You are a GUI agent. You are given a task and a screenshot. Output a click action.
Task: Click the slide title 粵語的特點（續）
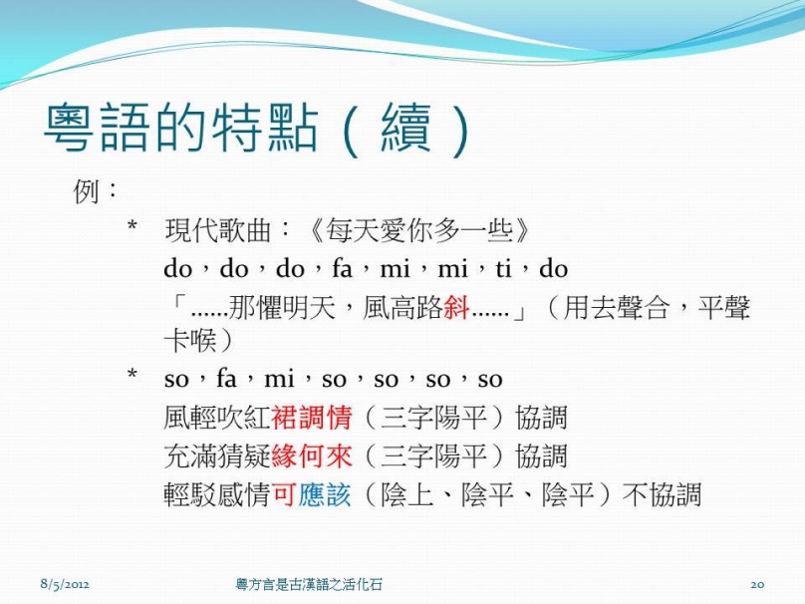257,129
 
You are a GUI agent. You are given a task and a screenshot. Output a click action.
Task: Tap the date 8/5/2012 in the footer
65,584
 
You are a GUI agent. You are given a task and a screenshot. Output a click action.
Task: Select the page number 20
757,584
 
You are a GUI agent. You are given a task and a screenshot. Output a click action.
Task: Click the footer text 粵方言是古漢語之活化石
309,584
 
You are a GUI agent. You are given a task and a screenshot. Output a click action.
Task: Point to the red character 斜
456,308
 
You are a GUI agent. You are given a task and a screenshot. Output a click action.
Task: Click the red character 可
284,494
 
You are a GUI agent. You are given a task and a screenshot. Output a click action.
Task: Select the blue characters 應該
325,494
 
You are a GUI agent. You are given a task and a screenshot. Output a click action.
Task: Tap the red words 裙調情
312,417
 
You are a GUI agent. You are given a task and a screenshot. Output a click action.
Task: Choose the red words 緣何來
312,456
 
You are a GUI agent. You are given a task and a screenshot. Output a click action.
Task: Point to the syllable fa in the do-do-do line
342,269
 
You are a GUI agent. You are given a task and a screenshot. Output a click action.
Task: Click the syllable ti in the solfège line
504,269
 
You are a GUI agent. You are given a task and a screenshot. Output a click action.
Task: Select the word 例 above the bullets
86,191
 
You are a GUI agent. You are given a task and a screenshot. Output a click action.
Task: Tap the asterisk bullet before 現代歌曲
133,226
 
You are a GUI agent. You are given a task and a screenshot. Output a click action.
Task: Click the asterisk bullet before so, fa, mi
133,375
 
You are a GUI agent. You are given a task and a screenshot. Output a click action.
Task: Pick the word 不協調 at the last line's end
662,494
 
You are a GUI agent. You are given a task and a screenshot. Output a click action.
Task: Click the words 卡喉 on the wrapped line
190,340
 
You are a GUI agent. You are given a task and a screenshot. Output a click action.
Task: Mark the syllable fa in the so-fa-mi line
226,379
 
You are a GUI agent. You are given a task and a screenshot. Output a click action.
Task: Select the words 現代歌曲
217,230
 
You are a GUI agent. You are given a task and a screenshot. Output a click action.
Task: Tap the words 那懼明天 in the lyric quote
282,308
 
